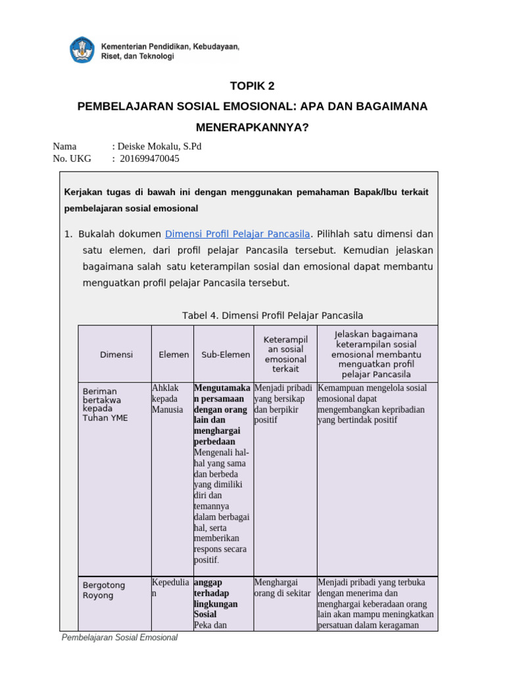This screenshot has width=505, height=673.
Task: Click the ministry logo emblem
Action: tap(83, 51)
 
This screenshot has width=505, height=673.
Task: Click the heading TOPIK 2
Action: tap(252, 86)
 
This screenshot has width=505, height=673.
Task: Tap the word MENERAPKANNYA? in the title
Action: tap(252, 127)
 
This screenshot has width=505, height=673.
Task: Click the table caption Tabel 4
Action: tap(272, 315)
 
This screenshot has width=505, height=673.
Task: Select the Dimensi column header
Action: tap(116, 354)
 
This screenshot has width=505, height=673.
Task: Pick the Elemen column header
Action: tap(174, 354)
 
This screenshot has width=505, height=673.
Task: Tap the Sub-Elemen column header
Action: tap(226, 354)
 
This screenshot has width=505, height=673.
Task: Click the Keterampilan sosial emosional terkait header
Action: tap(285, 354)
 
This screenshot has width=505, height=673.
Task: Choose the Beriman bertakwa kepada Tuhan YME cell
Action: tap(105, 404)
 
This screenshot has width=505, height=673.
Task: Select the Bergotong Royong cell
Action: tap(103, 590)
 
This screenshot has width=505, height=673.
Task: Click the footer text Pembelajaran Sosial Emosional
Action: tap(120, 638)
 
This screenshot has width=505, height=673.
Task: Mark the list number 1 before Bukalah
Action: tap(67, 234)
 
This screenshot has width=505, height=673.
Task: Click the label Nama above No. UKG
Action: tap(64, 146)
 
